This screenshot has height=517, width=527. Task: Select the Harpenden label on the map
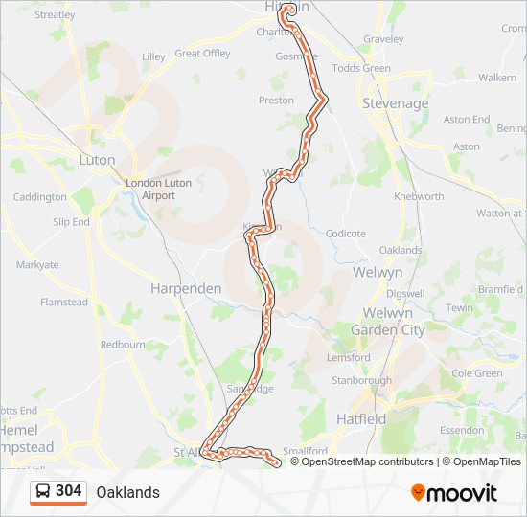click(x=186, y=287)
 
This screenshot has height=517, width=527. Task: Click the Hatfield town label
click(x=361, y=419)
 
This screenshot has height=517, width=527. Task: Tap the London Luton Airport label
click(x=159, y=189)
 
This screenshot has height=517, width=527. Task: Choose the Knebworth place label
click(x=419, y=196)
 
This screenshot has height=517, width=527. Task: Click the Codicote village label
click(x=345, y=233)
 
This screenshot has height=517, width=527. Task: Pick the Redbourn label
click(x=122, y=344)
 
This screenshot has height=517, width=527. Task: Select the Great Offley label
click(x=202, y=54)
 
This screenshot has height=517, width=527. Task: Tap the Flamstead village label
click(x=63, y=303)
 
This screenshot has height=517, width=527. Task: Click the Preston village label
click(x=276, y=100)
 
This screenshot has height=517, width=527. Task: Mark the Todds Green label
click(x=361, y=68)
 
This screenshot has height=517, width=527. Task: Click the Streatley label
click(x=55, y=15)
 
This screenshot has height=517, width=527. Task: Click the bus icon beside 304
click(x=43, y=491)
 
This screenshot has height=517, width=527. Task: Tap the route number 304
click(x=68, y=491)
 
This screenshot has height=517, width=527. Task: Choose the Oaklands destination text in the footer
click(x=127, y=492)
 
